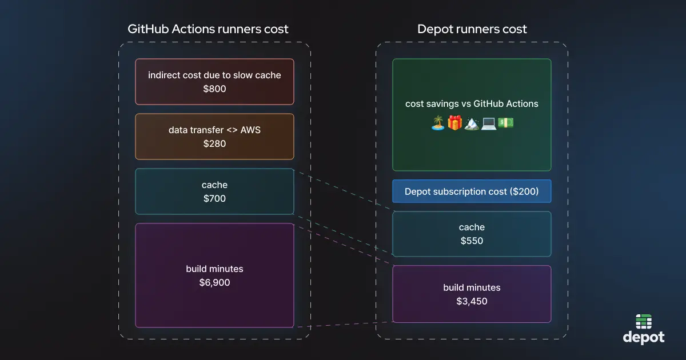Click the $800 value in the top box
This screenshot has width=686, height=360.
coord(214,89)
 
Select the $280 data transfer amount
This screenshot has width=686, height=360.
coord(214,143)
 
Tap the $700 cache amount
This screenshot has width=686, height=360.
coord(214,198)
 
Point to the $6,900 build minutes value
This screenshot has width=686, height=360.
coord(214,282)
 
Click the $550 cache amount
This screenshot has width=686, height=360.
coord(472,241)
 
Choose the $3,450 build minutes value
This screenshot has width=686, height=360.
coord(472,301)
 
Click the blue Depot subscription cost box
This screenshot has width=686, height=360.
coord(472,191)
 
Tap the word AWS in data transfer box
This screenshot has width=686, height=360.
coord(250,130)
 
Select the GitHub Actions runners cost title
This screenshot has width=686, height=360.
coord(208,29)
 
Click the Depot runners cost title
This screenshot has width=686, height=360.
coord(472,29)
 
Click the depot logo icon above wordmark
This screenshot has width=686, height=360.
coord(644,322)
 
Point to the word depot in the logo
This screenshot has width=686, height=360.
coord(644,337)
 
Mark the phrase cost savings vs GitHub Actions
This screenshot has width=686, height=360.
coord(472,103)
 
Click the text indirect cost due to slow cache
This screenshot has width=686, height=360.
coord(214,75)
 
